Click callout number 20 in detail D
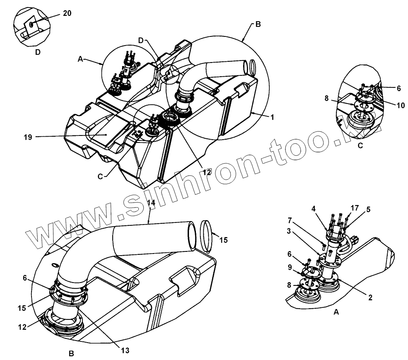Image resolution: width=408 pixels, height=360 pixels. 67,13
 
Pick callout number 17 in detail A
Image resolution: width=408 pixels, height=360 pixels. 355,207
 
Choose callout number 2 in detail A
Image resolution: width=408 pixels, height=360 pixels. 370,297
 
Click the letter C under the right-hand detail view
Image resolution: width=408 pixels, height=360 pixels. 360,145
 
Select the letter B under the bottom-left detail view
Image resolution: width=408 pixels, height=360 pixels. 71,353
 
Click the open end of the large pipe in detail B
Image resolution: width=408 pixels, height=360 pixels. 191,238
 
